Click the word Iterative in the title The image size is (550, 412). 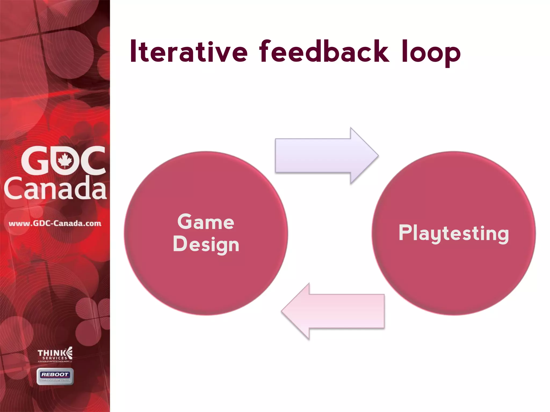188,51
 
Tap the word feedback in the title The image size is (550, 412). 324,51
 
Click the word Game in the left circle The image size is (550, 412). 206,222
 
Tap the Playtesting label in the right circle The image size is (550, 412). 454,233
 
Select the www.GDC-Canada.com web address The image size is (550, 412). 55,223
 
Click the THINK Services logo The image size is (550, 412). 55,354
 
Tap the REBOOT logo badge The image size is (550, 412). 55,376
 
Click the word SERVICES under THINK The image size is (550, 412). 55,358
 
